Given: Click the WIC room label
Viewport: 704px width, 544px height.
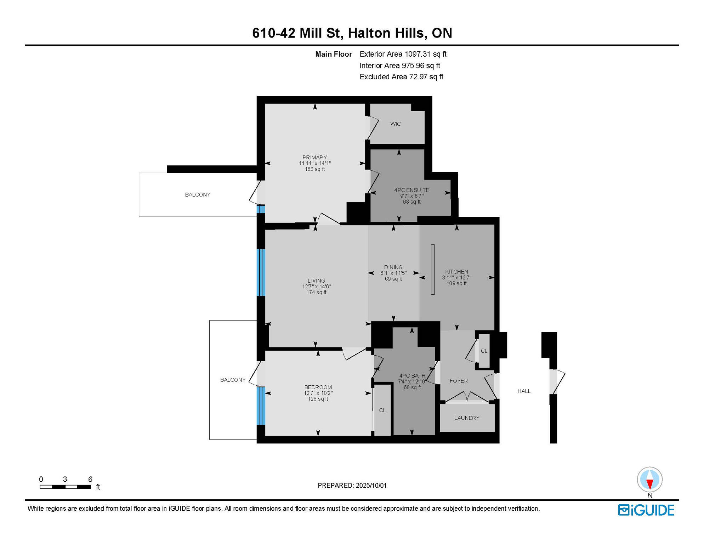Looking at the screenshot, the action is coord(395,124).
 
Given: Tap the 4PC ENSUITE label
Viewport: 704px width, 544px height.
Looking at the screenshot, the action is coord(411,190).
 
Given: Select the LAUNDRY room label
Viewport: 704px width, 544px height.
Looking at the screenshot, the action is coord(467,418).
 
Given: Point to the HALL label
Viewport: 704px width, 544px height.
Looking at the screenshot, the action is coord(524,391).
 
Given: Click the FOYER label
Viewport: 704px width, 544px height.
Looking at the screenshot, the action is coord(459,381).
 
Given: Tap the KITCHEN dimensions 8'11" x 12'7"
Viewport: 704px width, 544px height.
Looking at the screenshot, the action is coord(456,278).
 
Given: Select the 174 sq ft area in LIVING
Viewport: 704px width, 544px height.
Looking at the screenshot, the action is coord(316,292).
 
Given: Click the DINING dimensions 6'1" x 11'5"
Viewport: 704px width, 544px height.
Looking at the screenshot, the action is coord(393,273).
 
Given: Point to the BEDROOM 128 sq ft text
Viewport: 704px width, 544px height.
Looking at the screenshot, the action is coord(318,399).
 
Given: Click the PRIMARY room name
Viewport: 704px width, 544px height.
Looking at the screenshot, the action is coord(314,158).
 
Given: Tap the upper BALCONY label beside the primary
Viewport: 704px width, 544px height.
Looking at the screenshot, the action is coord(198,195).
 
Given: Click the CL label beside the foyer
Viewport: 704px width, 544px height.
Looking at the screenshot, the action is coord(484,351).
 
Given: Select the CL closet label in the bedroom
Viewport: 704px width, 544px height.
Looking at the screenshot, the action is coord(382,410).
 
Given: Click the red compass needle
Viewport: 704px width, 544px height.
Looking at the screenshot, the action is coord(649,483).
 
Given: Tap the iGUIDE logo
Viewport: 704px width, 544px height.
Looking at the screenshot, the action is coord(646,510).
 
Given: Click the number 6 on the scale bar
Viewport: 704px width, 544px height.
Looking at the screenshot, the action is coord(90,479).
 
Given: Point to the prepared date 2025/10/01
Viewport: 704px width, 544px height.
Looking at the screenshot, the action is coord(371,485).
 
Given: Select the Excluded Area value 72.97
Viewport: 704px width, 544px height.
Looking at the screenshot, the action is coord(418,77).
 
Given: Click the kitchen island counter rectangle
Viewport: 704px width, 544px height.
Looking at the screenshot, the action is coord(432,270).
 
